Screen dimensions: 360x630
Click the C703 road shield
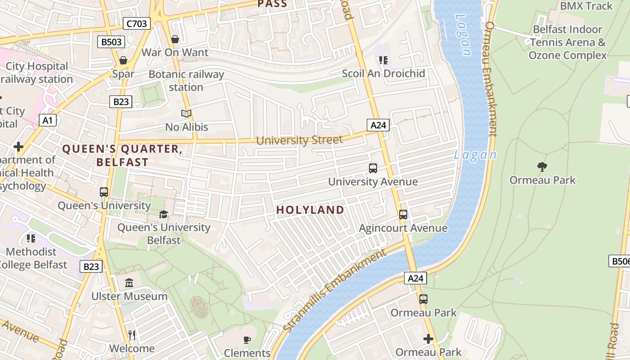(136, 23)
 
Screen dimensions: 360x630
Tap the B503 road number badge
(111, 42)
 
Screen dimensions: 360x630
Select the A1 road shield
(48, 120)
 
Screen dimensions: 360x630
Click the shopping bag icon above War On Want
(175, 40)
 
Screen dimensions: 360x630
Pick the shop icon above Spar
(123, 60)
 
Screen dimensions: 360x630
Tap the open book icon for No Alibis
(186, 113)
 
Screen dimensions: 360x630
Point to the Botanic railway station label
(186, 81)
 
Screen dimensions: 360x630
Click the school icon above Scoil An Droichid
(383, 60)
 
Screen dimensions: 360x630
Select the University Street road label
(299, 140)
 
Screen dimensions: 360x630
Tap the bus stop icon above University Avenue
(373, 168)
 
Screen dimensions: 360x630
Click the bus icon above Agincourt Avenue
(403, 215)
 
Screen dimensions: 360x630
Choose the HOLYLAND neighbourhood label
(310, 210)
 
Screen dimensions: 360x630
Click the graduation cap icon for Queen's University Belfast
(163, 214)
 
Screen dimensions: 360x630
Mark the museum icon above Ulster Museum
(130, 283)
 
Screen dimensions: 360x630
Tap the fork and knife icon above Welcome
(132, 335)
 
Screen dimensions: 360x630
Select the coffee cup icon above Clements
(247, 340)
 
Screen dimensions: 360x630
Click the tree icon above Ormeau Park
(542, 167)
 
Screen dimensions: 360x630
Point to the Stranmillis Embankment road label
(335, 290)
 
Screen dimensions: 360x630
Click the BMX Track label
(586, 6)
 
